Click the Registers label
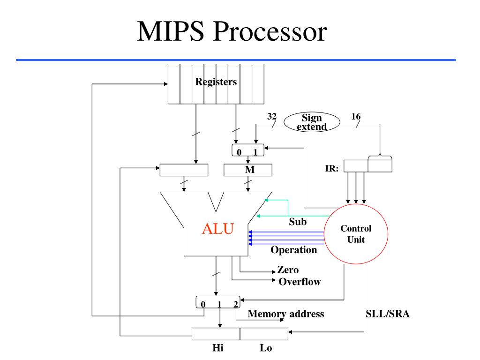(x=216, y=82)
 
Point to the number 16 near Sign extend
(x=356, y=116)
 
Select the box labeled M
(x=247, y=170)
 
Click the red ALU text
(x=217, y=229)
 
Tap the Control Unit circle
(x=356, y=233)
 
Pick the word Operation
(x=294, y=250)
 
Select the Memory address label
(x=285, y=314)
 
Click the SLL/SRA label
(x=387, y=314)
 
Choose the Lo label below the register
(x=265, y=348)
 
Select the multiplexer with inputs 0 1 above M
(x=247, y=150)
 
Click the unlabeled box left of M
(x=184, y=170)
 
